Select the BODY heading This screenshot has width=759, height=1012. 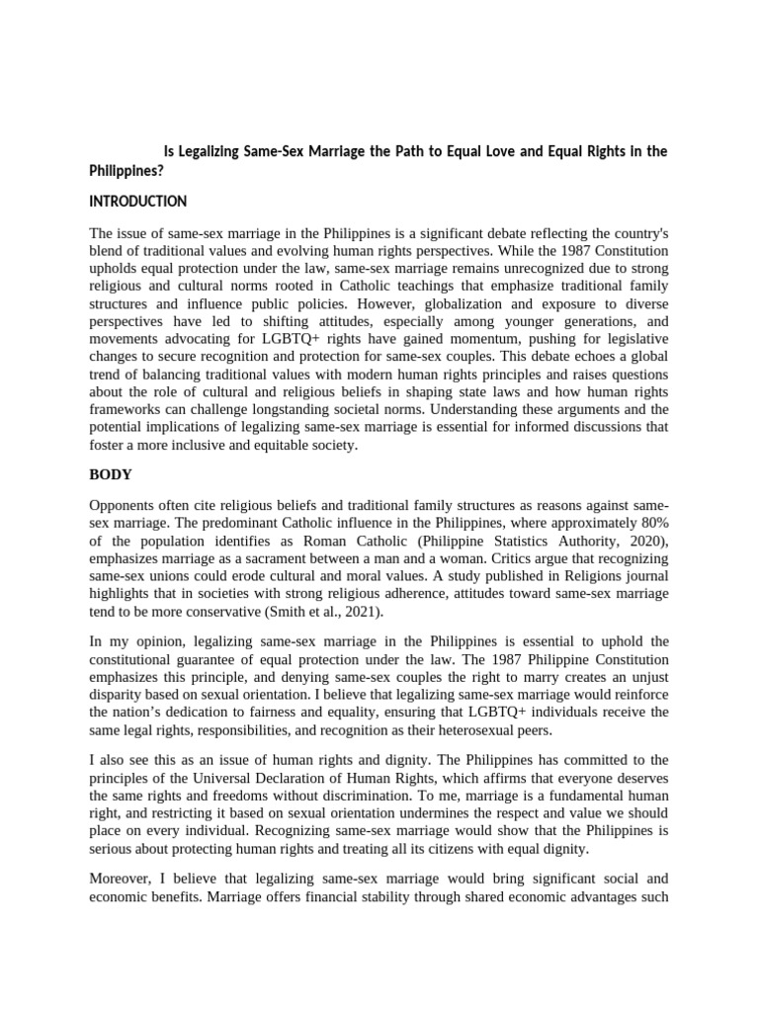111,474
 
